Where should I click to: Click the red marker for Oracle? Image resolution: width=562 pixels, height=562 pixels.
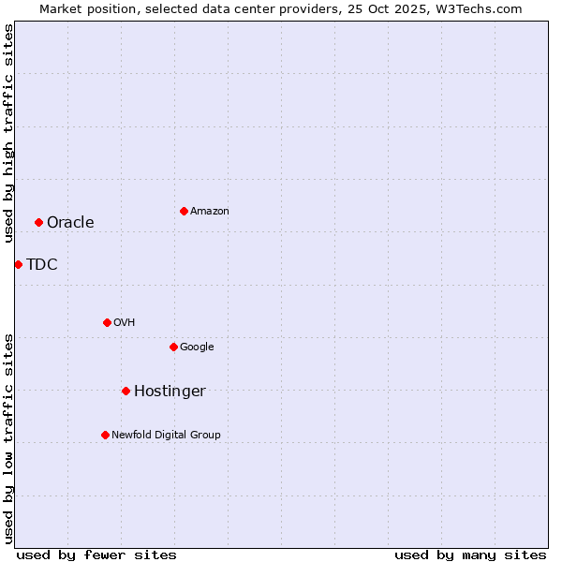click(38, 222)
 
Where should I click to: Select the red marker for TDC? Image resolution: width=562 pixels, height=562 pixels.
click(18, 264)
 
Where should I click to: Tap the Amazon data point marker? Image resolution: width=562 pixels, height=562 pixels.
click(184, 211)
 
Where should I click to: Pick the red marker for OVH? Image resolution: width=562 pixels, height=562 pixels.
click(107, 322)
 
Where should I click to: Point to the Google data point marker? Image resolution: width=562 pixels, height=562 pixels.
click(173, 347)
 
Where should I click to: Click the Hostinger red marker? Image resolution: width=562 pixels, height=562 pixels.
click(126, 391)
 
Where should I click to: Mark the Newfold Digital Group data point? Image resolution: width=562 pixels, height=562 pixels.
click(105, 435)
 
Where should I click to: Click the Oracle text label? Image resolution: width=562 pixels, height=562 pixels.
click(70, 222)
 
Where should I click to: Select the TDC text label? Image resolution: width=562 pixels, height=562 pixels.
click(42, 264)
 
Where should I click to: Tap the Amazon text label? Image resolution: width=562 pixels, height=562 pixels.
click(210, 211)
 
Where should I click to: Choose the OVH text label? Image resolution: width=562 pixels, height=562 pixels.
click(125, 322)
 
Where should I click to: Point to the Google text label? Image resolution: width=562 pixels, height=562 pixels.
click(197, 347)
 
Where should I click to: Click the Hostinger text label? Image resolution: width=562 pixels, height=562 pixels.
click(170, 391)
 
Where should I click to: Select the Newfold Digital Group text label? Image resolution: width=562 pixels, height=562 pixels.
click(166, 435)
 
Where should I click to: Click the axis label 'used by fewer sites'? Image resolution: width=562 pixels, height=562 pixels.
click(96, 555)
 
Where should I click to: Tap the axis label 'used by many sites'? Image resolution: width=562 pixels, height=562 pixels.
click(470, 555)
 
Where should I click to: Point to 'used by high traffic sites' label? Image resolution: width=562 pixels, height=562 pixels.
click(8, 133)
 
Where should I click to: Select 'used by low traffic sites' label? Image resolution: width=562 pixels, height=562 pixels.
click(8, 438)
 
